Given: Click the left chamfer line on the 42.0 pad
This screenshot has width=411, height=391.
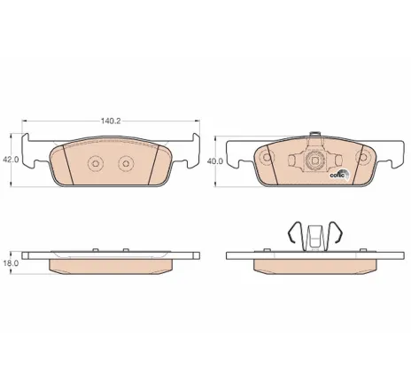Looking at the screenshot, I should tap(68, 163).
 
